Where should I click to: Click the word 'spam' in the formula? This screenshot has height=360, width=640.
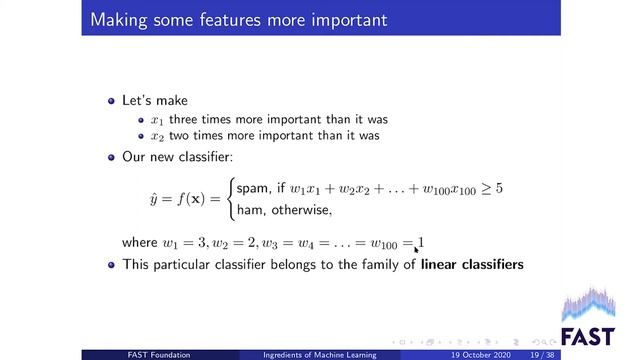point(251,188)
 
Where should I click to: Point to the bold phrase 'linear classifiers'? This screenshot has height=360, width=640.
point(472,264)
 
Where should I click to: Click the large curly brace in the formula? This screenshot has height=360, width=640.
point(229,199)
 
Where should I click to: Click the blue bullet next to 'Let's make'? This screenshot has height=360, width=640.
point(112,102)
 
